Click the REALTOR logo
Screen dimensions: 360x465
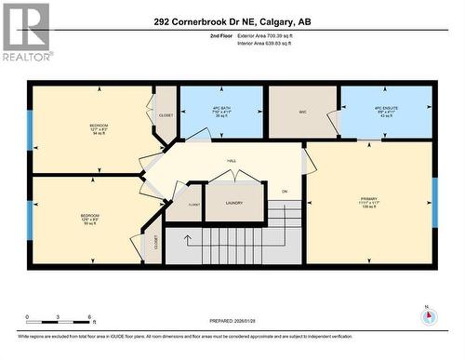click(26, 32)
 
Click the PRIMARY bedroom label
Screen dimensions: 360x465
click(368, 200)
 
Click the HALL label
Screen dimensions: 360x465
click(231, 161)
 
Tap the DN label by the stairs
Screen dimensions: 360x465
click(285, 192)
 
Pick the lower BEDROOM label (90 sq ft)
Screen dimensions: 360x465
click(89, 219)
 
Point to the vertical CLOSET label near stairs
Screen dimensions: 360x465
click(155, 244)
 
